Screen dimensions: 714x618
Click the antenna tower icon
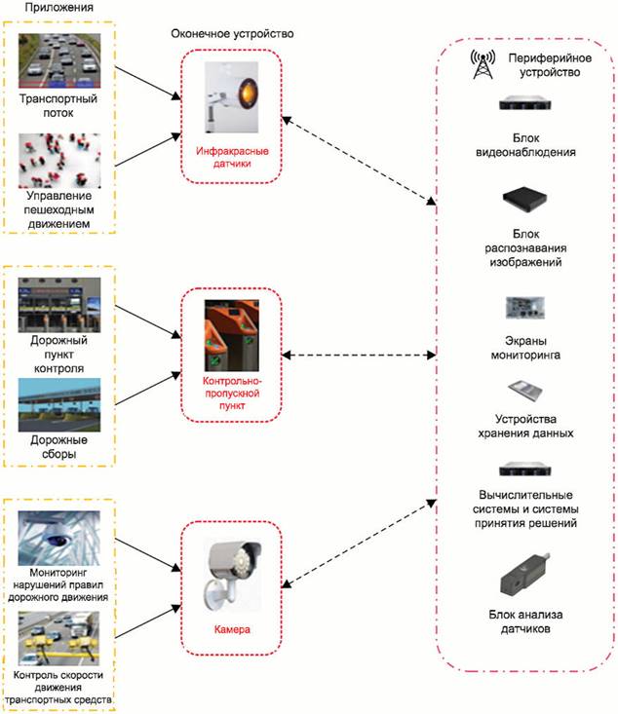[x=480, y=64]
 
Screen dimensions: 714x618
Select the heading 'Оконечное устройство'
[x=232, y=34]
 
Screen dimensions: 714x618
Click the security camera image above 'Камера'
[x=231, y=574]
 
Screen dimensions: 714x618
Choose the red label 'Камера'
[x=231, y=630]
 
